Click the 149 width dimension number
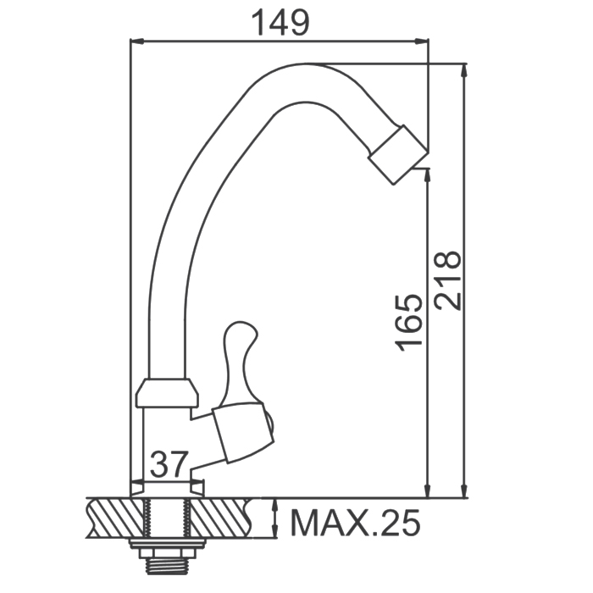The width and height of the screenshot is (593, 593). pos(280,23)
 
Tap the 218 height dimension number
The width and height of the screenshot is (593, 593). pos(447,280)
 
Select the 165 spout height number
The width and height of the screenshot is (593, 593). pos(407,322)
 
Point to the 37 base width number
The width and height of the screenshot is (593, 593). pos(169,463)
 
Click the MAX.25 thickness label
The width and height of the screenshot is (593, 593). pos(355,523)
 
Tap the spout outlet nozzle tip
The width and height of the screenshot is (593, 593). pos(398,155)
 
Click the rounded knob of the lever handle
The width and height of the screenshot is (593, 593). pos(241,335)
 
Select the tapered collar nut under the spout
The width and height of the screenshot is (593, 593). pos(167,393)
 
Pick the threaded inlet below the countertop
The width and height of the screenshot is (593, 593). pos(167,564)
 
